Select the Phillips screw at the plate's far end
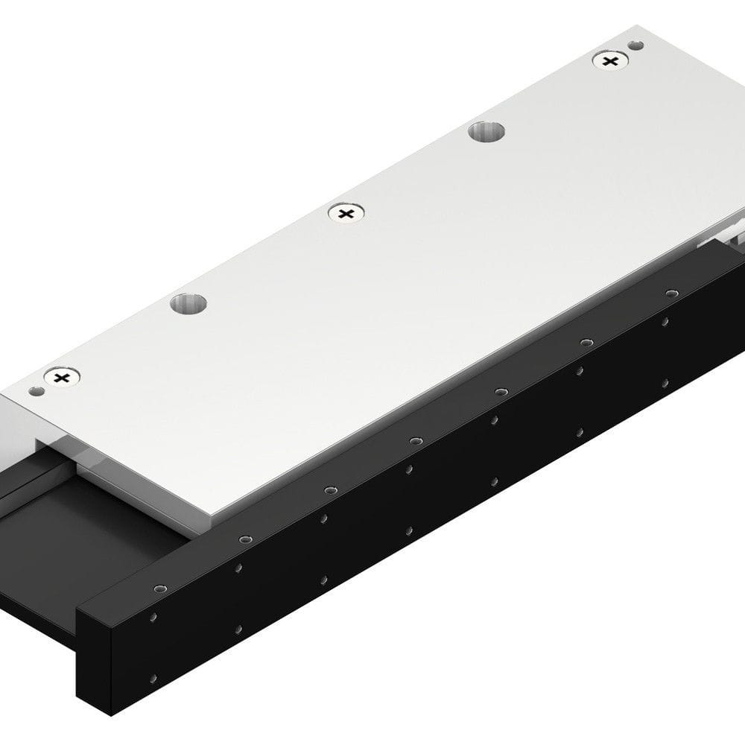click(610, 61)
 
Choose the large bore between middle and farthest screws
click(486, 132)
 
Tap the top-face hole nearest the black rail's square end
click(157, 589)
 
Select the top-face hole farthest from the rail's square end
click(671, 292)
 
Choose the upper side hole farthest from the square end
click(665, 322)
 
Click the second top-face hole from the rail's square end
click(244, 539)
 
